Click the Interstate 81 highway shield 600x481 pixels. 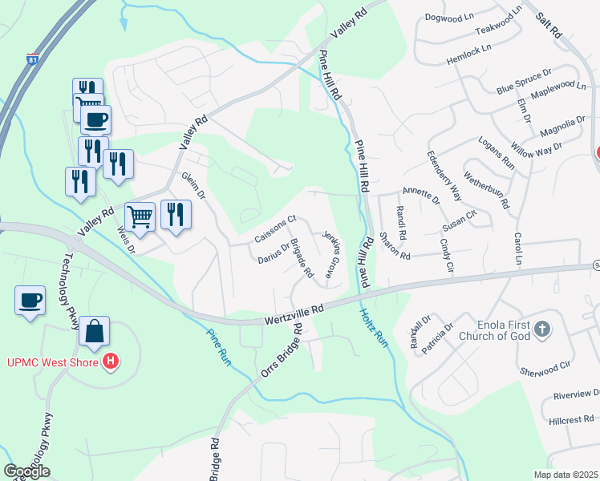[31, 59]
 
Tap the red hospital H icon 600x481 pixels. [111, 362]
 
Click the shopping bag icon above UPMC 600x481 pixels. [94, 330]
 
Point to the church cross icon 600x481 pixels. [542, 329]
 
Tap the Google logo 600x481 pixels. [26, 471]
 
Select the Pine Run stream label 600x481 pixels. [218, 348]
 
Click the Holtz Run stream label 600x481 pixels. [374, 329]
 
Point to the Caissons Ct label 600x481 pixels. [275, 229]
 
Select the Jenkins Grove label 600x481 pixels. [330, 255]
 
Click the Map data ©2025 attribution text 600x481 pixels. [566, 475]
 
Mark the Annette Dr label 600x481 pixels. [421, 195]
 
